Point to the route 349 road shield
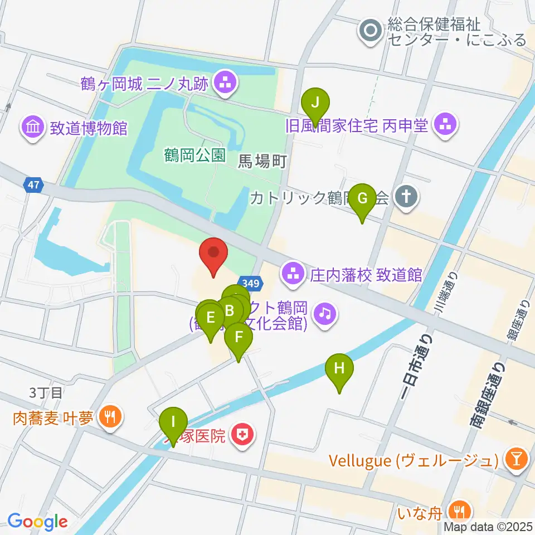[250, 284]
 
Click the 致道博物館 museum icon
[32, 128]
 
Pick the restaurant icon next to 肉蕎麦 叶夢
[109, 417]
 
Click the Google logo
[37, 522]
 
